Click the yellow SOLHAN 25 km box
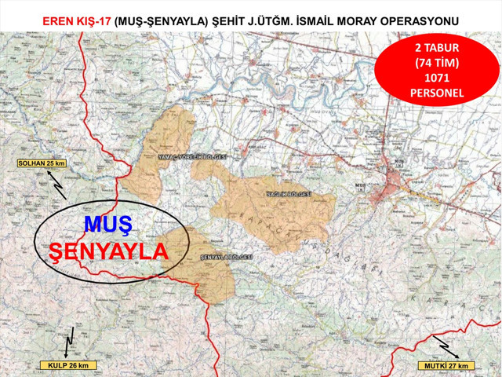[x=41, y=163]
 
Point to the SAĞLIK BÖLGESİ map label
[x=289, y=192]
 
